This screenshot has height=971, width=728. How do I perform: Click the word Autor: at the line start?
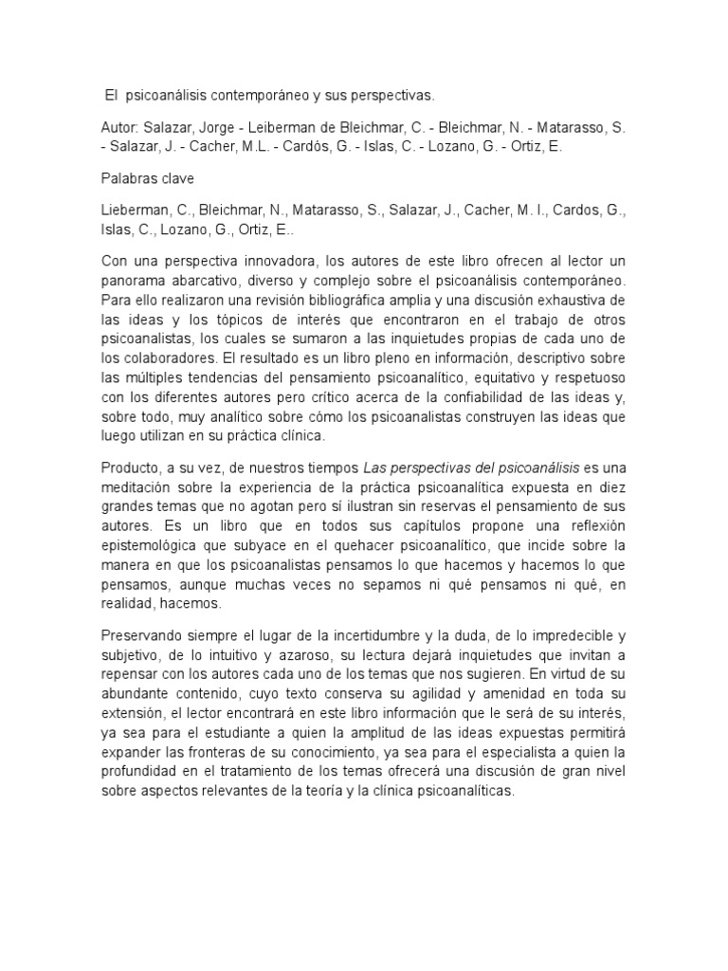tap(119, 127)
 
